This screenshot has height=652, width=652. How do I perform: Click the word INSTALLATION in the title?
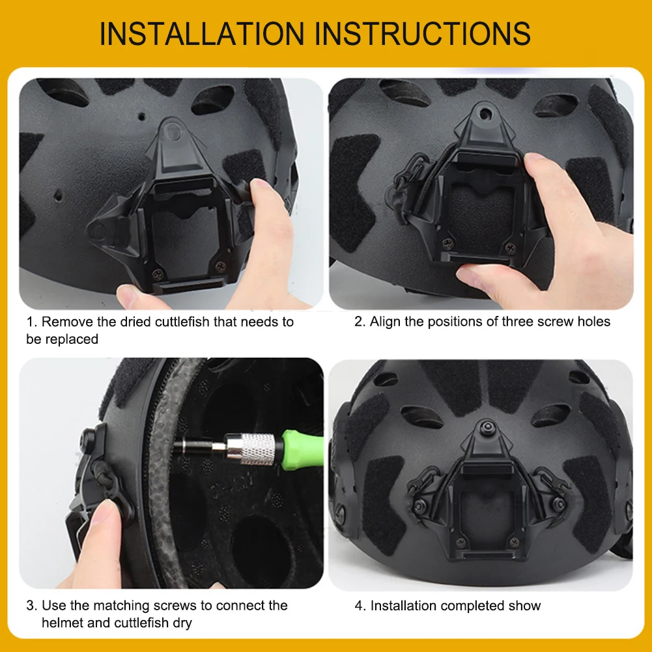[201, 34]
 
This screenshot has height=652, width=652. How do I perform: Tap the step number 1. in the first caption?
[32, 322]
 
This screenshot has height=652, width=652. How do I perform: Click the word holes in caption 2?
[593, 322]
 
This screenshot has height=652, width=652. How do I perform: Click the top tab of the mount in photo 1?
[174, 130]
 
